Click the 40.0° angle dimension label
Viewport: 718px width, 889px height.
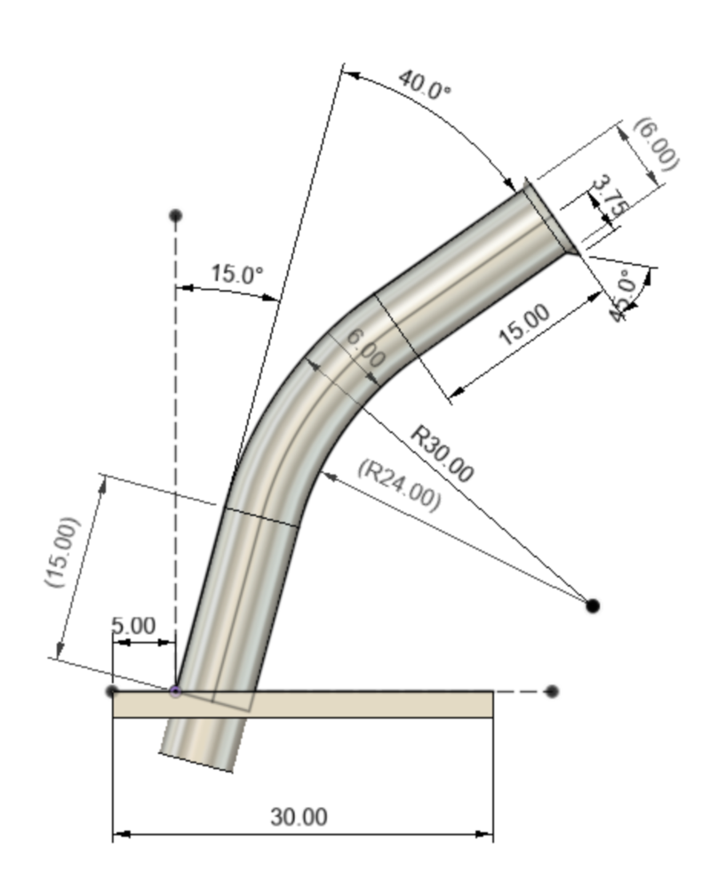tap(425, 84)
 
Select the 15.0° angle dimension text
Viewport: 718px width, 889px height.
tap(237, 274)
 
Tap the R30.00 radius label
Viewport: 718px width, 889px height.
tap(442, 454)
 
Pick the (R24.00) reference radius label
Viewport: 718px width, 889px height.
tap(400, 485)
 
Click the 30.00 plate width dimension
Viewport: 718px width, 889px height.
tap(299, 817)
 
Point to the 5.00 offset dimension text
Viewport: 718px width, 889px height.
tap(134, 626)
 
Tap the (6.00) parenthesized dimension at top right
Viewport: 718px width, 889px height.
tap(656, 145)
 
